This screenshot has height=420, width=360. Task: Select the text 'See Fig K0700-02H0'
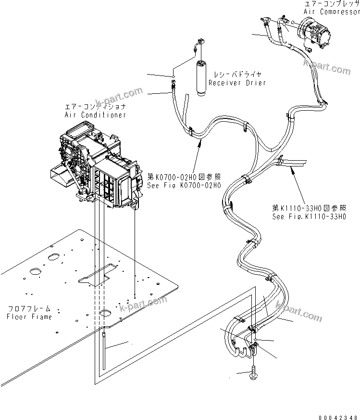click(x=185, y=186)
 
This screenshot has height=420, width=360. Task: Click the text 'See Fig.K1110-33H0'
click(x=309, y=216)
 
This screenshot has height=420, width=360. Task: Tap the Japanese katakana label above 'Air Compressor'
click(x=332, y=3)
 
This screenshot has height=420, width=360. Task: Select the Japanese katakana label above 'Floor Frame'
click(x=29, y=309)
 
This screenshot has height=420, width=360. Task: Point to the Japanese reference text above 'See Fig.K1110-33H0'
click(x=309, y=208)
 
